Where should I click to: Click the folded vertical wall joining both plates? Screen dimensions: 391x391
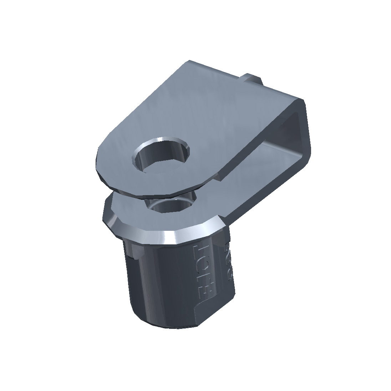point(303,136)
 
